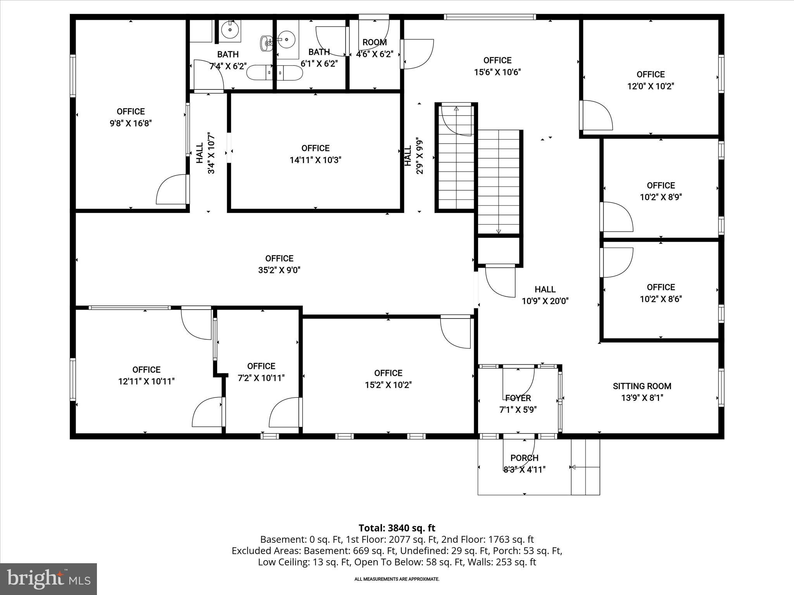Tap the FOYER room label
click(518, 398)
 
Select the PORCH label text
click(524, 458)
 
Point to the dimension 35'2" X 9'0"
click(279, 270)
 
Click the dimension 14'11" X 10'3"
click(316, 160)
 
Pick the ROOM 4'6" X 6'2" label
click(375, 48)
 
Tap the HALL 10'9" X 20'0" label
click(545, 295)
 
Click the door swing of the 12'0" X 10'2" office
click(597, 115)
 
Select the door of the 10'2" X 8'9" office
click(617, 217)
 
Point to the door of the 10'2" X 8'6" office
click(617, 263)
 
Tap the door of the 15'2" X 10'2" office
click(456, 332)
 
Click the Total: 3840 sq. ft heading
click(397, 528)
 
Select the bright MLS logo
click(48, 579)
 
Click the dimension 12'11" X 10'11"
click(147, 382)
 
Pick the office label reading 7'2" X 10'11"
click(261, 372)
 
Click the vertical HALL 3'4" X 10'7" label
click(205, 153)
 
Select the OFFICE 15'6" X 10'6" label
click(497, 66)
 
